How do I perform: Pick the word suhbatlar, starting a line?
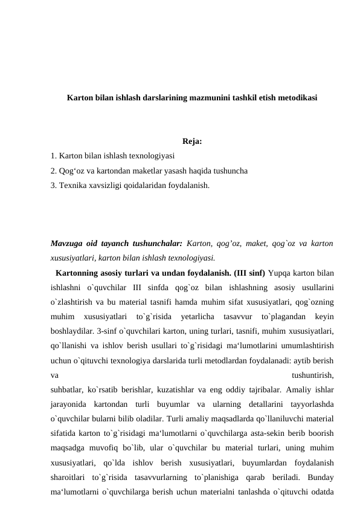(x=69, y=389)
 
